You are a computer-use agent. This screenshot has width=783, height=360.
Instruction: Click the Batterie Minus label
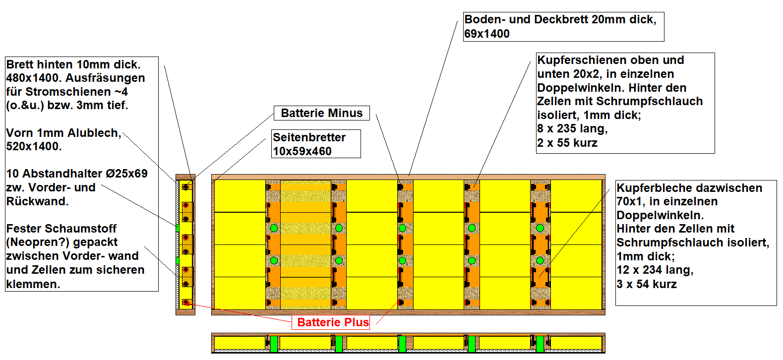[321, 113]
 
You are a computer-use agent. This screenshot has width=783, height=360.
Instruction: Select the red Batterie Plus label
[333, 322]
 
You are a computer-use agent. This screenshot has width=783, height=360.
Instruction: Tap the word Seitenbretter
[309, 137]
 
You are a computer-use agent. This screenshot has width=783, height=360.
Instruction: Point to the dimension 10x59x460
[302, 151]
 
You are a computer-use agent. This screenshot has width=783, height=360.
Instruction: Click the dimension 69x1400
[486, 34]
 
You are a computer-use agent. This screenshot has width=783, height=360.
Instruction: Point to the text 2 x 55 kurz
[567, 143]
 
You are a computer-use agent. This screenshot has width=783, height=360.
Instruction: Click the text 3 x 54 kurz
[646, 284]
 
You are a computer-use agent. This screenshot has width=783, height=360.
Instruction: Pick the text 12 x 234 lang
[654, 270]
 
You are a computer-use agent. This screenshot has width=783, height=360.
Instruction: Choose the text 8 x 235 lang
[572, 128]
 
